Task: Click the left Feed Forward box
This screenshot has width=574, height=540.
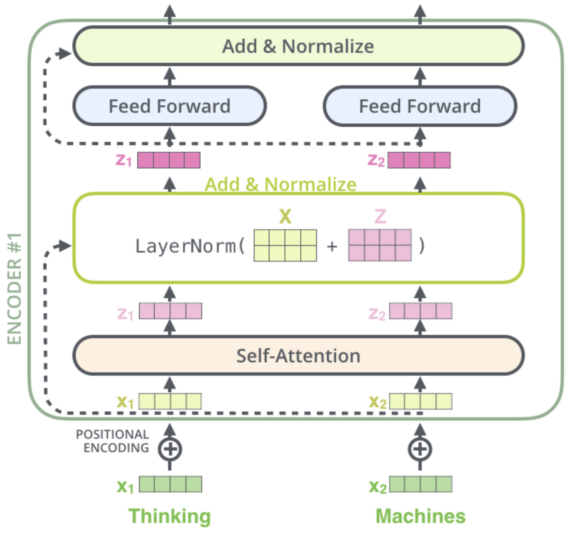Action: tap(169, 106)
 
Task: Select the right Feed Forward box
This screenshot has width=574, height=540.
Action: tap(420, 106)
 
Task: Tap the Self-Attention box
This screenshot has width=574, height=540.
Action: tap(298, 356)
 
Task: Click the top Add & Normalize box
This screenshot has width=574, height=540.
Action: tap(298, 46)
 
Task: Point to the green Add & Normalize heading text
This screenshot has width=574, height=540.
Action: tap(281, 184)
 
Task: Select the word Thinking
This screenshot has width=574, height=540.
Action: tap(169, 516)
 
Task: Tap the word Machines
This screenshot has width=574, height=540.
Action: tap(421, 516)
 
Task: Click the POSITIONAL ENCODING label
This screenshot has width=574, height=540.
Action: tap(112, 441)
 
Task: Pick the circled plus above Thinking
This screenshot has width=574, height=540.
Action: tap(170, 449)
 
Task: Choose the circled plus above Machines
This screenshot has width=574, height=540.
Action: tap(420, 449)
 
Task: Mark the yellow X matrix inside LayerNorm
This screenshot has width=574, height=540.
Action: tap(285, 245)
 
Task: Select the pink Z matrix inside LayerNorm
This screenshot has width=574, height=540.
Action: tap(380, 245)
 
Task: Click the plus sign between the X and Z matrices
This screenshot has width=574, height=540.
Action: tap(332, 246)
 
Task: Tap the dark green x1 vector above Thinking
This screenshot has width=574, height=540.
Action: tap(170, 484)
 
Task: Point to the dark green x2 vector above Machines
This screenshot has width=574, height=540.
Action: tap(421, 484)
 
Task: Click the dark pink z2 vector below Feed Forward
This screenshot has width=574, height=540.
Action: tap(419, 160)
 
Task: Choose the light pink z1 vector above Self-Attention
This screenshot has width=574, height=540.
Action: tap(170, 311)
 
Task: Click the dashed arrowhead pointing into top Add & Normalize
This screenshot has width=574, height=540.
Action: tap(64, 53)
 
